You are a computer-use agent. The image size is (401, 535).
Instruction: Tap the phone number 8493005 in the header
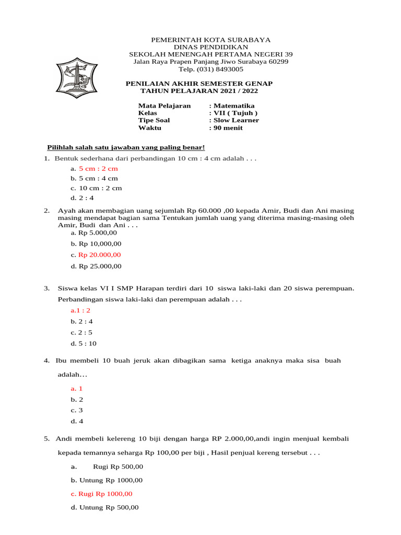(x=211, y=69)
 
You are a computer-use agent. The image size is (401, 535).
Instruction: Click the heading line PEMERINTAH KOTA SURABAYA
(x=203, y=40)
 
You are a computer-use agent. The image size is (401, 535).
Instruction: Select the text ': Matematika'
(x=231, y=106)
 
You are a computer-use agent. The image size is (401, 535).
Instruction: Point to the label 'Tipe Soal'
(x=154, y=120)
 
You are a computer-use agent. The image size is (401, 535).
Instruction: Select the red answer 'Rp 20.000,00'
(x=99, y=255)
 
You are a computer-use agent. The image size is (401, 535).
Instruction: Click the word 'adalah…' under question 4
(x=72, y=375)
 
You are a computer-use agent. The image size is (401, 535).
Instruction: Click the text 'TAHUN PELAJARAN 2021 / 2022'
(x=199, y=91)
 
